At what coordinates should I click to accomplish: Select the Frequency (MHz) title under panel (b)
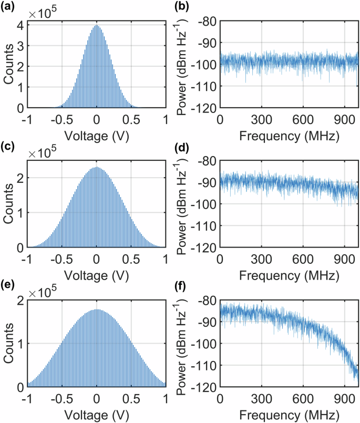[289, 136]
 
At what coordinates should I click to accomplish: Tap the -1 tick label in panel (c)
[25, 260]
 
